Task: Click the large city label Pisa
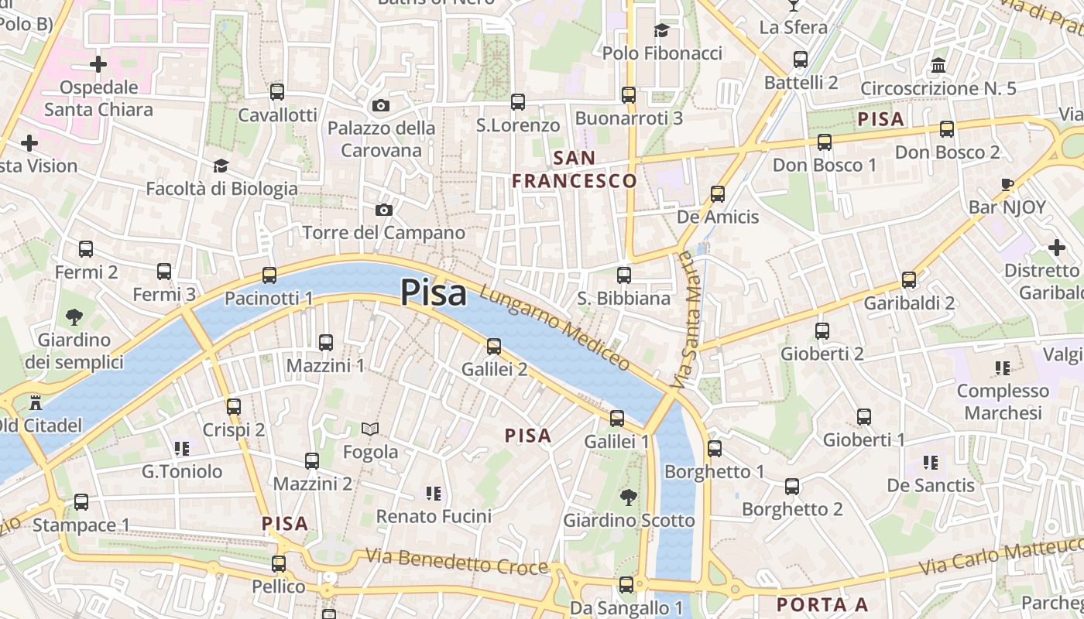(434, 293)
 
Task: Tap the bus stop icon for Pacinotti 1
(269, 275)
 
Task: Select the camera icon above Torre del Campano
(383, 210)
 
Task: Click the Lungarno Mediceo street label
(554, 328)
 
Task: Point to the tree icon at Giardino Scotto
(628, 498)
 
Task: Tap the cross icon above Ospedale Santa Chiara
(98, 63)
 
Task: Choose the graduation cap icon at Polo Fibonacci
(661, 30)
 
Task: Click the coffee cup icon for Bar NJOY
(1007, 184)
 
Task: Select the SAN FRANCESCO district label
(575, 169)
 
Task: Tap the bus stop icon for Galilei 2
(494, 347)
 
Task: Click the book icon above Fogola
(371, 429)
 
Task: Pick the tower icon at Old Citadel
(35, 402)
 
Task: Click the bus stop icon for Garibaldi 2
(909, 280)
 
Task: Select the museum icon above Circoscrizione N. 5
(938, 66)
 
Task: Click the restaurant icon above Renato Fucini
(434, 493)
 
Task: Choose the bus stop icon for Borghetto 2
(792, 487)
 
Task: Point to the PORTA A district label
(822, 604)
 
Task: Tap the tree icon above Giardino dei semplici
(74, 316)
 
